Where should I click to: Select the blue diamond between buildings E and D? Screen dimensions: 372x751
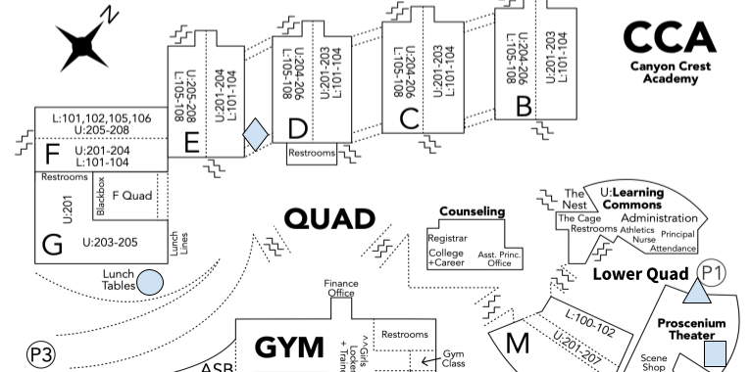tap(255, 134)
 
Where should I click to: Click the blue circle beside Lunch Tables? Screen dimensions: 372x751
tap(150, 282)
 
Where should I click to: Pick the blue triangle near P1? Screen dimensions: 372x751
tap(696, 290)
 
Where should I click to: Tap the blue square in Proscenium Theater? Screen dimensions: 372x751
tap(716, 353)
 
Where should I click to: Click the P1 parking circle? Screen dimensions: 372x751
tap(713, 273)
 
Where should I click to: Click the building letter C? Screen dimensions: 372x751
tap(410, 118)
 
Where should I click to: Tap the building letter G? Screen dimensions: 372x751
tap(51, 244)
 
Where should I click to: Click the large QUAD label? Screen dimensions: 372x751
tap(329, 218)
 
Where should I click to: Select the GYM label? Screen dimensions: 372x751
tap(289, 348)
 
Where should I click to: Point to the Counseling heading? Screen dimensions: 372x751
tap(472, 211)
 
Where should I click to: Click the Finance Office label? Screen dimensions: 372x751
tap(340, 288)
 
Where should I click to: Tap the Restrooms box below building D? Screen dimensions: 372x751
tap(312, 154)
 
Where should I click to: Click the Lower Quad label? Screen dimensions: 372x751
tap(640, 274)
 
